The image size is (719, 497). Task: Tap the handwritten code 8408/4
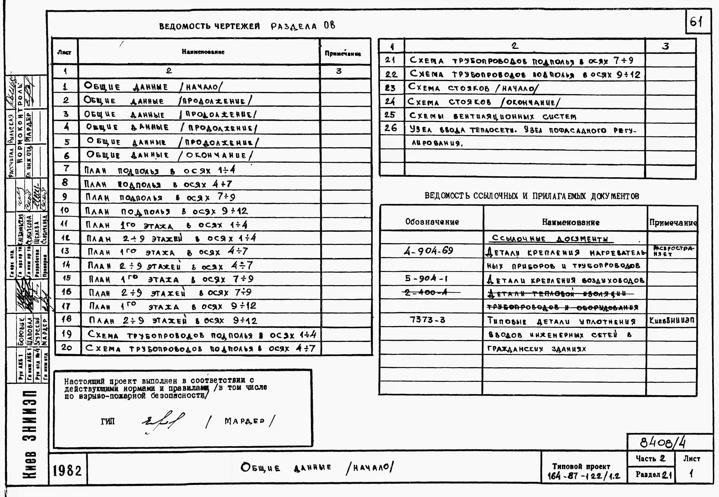coord(663,442)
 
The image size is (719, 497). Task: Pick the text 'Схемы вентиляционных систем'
coord(493,116)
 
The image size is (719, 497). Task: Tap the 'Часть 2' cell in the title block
coord(650,458)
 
